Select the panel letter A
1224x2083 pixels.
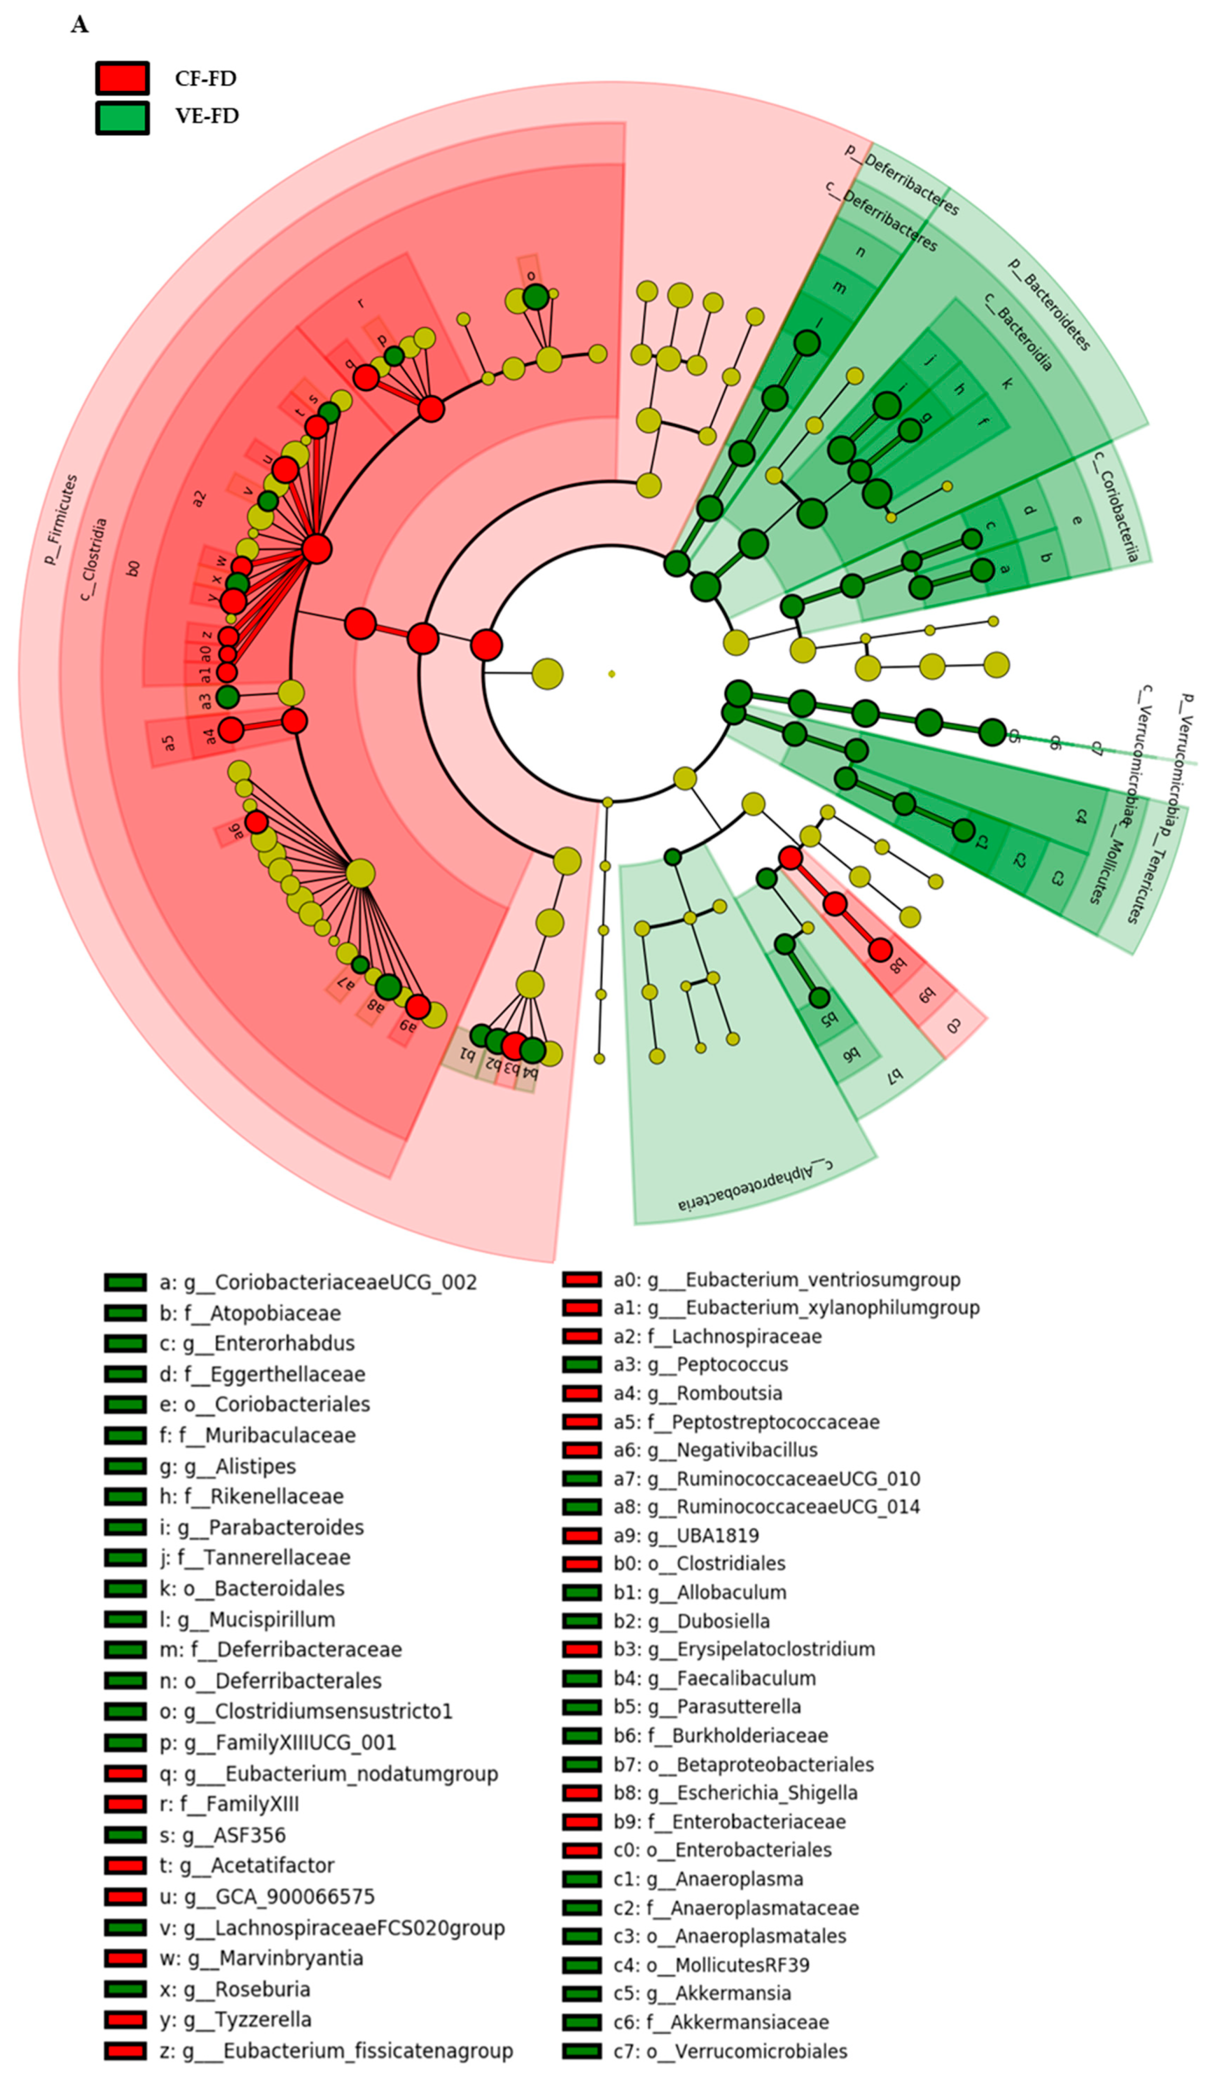tap(79, 25)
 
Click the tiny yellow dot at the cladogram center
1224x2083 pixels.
tap(611, 674)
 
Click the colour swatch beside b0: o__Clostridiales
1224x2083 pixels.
tap(582, 1564)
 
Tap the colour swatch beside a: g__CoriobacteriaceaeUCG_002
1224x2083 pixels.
tap(125, 1282)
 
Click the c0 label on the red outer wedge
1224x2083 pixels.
tap(953, 1026)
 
